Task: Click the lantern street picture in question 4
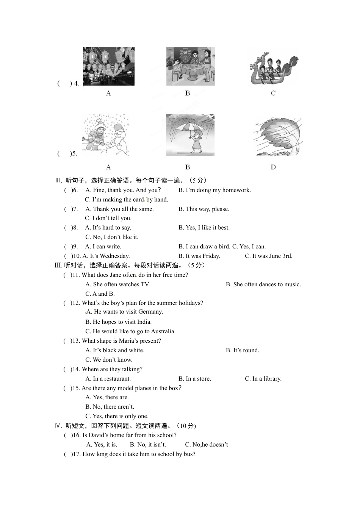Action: pyautogui.click(x=109, y=66)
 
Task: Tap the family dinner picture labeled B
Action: pyautogui.click(x=191, y=66)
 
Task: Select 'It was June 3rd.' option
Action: pyautogui.click(x=268, y=256)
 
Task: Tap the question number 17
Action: pyautogui.click(x=77, y=454)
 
